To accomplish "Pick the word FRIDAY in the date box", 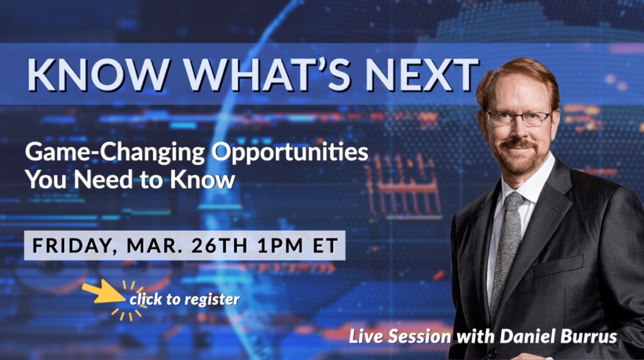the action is [72, 245].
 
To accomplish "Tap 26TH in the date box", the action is [219, 245].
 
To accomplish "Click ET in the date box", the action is [325, 245].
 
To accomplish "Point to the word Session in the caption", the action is [419, 337].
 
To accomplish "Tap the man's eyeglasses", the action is [519, 118].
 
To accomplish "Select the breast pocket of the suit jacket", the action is [558, 267].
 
